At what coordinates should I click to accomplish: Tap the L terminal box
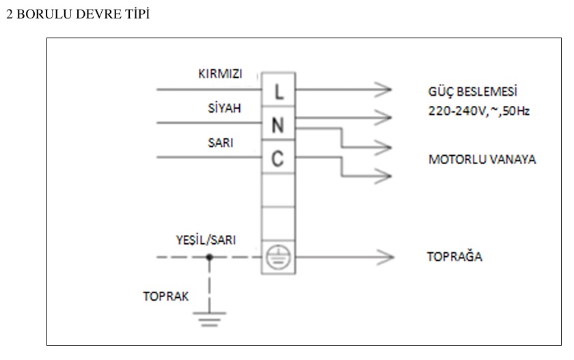pyautogui.click(x=278, y=92)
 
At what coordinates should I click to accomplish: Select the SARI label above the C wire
pyautogui.click(x=221, y=142)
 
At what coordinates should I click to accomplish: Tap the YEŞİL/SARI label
pyautogui.click(x=206, y=239)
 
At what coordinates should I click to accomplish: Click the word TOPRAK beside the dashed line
pyautogui.click(x=165, y=296)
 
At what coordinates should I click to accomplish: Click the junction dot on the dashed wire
pyautogui.click(x=209, y=258)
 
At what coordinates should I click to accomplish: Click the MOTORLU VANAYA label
pyautogui.click(x=482, y=160)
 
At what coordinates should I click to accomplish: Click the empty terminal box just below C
pyautogui.click(x=278, y=191)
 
